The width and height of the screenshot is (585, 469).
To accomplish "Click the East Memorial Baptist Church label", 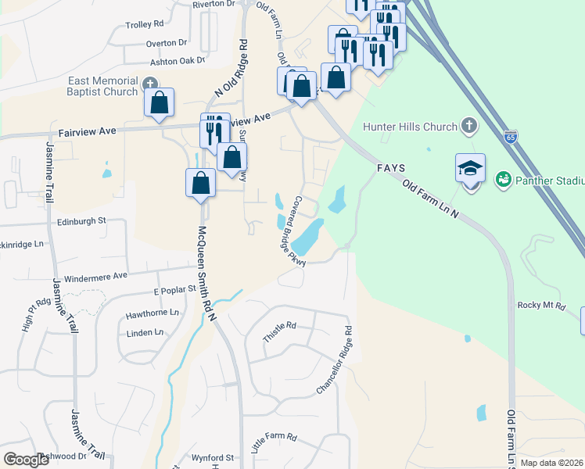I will (x=102, y=86).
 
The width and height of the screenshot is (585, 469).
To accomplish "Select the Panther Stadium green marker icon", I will (x=502, y=180).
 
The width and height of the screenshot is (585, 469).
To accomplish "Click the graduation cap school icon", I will (x=470, y=169).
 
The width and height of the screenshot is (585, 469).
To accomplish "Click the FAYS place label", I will (x=389, y=168).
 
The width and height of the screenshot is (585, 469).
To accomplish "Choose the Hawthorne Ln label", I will (x=153, y=314).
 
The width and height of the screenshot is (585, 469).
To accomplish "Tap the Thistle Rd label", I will (x=280, y=331).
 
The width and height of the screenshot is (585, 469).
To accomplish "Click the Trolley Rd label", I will (x=145, y=25).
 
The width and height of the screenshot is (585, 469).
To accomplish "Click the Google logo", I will (x=26, y=460).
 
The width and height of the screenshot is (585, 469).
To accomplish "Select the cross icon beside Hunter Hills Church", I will (x=468, y=126).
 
